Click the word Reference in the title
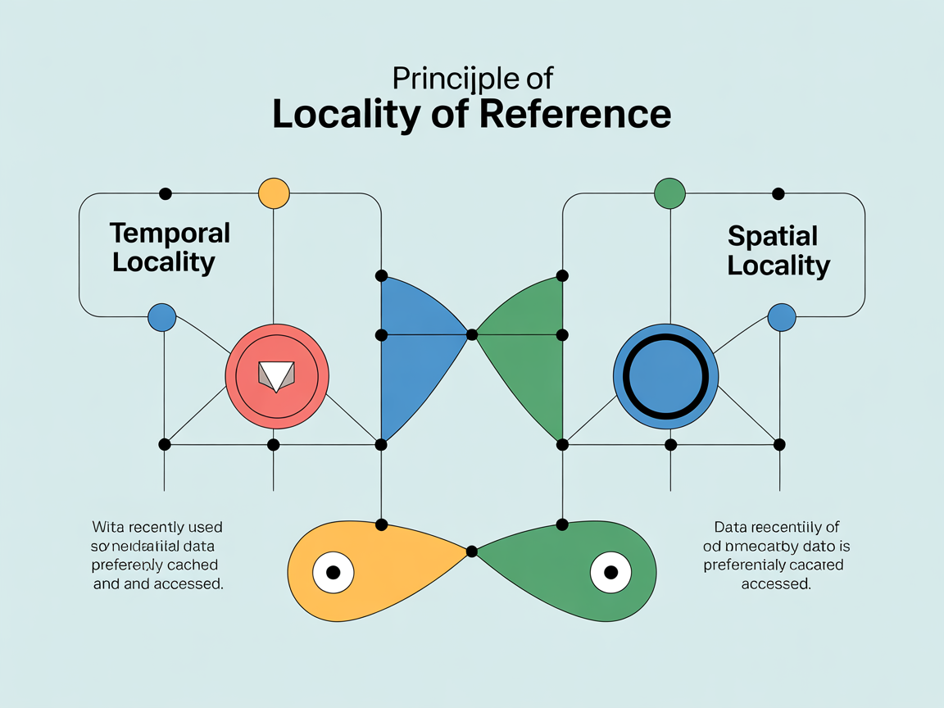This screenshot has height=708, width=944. [x=574, y=114]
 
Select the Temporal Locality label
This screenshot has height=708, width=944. [x=169, y=247]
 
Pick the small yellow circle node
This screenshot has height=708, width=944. [x=274, y=194]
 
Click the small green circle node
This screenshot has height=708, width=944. [x=669, y=194]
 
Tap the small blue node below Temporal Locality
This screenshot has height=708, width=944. [x=162, y=317]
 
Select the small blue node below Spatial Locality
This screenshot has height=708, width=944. [x=781, y=317]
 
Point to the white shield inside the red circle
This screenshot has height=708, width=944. [x=276, y=374]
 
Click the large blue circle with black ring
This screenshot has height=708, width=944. [x=665, y=378]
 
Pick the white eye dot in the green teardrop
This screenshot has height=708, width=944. [x=610, y=572]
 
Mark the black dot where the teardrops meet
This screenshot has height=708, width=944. [x=471, y=551]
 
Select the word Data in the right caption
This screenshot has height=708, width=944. [x=731, y=527]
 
